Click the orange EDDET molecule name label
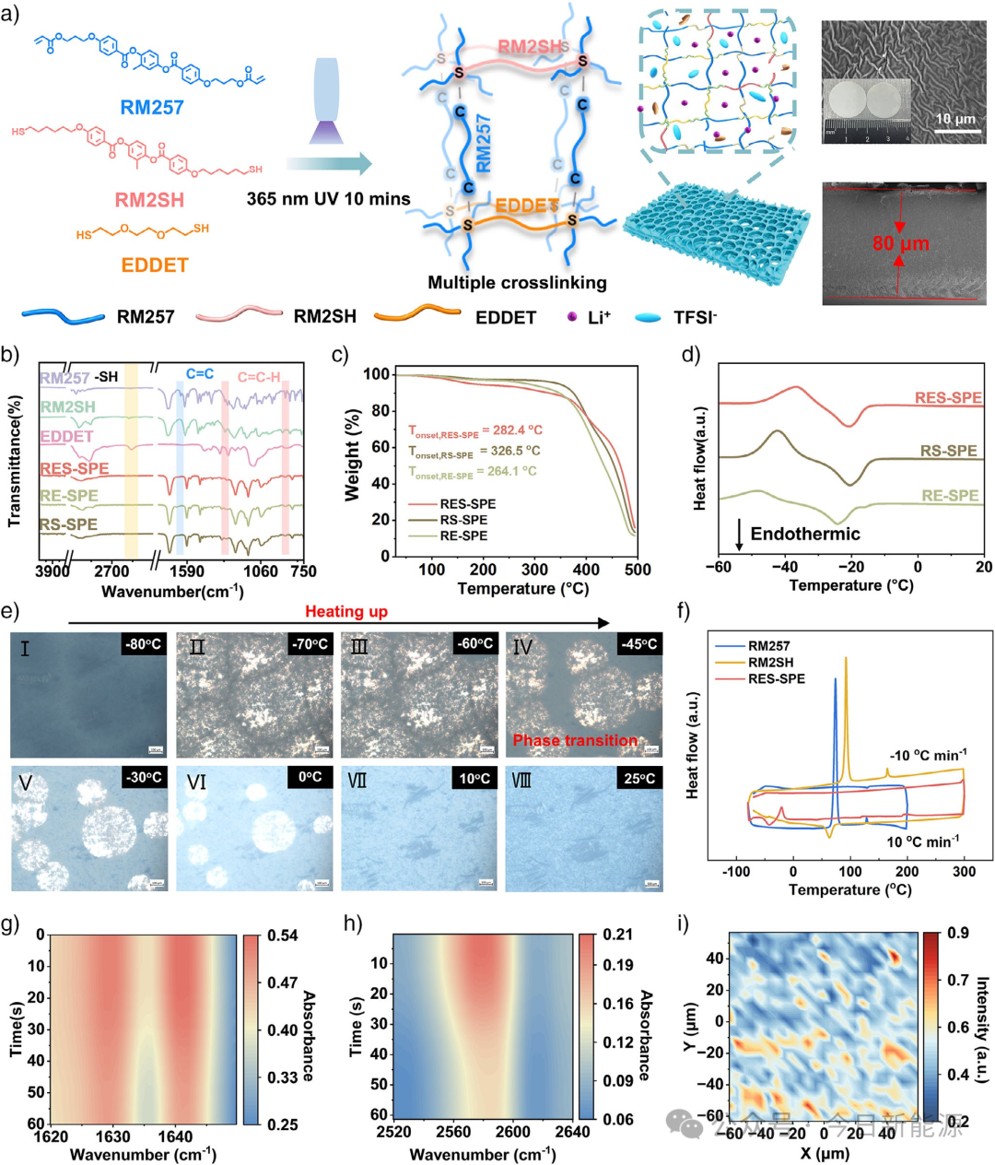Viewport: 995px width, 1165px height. (x=155, y=265)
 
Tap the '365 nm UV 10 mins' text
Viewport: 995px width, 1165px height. (x=328, y=198)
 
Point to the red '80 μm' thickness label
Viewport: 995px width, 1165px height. (x=901, y=243)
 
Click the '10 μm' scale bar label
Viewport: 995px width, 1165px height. (x=955, y=120)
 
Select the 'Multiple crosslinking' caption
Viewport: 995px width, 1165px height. (x=517, y=283)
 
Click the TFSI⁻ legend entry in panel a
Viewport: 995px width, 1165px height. (x=695, y=318)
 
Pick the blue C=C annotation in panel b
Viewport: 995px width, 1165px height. (x=200, y=374)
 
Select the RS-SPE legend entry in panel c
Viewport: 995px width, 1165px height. (x=463, y=520)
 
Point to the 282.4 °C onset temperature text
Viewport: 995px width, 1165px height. (x=475, y=430)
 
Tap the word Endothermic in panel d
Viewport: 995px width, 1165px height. (x=805, y=534)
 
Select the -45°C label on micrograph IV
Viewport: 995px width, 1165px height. (x=639, y=644)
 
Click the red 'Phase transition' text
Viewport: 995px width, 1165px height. (x=575, y=740)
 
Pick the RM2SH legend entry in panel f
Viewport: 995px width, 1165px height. (x=770, y=663)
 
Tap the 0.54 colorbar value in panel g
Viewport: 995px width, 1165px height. (x=283, y=936)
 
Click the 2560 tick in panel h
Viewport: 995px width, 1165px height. (x=453, y=1133)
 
